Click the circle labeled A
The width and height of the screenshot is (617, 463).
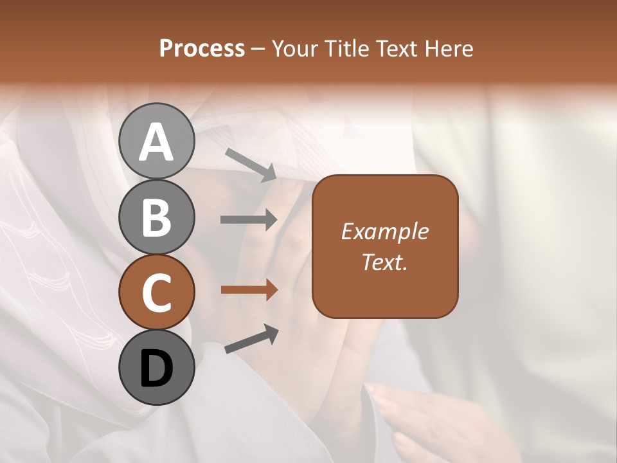(156, 140)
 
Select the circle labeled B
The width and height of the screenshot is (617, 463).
(156, 217)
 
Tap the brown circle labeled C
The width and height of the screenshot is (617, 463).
(156, 292)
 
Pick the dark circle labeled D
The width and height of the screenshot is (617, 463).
(156, 367)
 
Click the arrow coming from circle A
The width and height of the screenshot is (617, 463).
(251, 165)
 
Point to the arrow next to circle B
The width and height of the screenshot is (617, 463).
(249, 220)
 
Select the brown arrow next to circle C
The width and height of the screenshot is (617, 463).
(249, 290)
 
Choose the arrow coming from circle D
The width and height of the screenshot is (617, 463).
(251, 339)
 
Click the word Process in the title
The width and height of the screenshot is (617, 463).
(202, 48)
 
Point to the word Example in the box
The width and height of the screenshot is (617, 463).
(384, 232)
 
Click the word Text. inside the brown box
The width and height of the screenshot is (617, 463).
(384, 262)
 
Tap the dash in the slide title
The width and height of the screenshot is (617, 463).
(258, 49)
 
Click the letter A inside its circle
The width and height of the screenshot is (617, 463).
(156, 142)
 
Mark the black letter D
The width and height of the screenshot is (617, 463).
(156, 369)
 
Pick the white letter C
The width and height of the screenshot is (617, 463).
(156, 293)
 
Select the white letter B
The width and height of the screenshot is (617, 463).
(156, 217)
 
